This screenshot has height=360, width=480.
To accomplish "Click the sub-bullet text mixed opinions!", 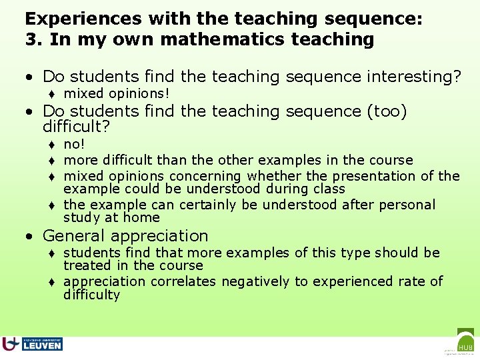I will click(x=117, y=93).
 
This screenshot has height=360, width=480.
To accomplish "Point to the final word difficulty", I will click(x=91, y=295).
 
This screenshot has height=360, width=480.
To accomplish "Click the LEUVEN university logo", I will click(x=33, y=344).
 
